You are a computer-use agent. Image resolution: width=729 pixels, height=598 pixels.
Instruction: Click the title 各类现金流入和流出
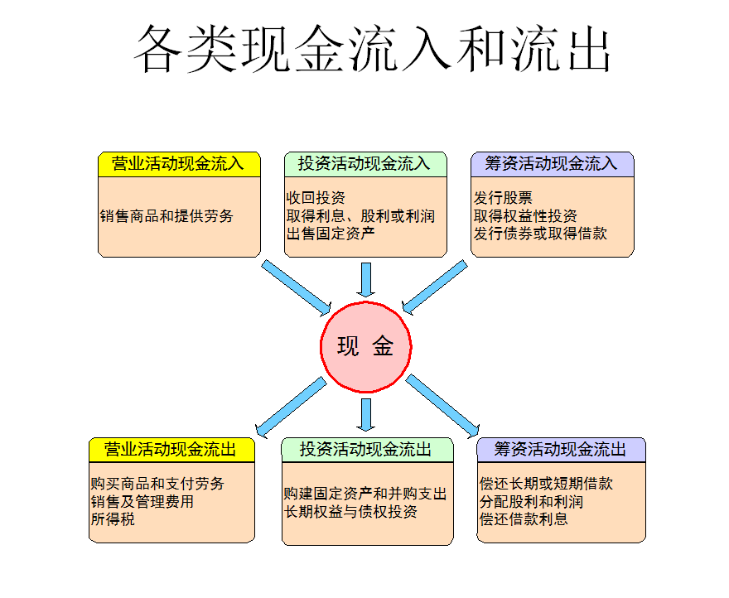[x=372, y=49]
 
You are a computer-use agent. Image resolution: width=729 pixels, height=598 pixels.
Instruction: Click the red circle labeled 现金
[x=365, y=346]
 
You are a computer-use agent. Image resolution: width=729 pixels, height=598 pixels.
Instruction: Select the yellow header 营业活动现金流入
[x=179, y=164]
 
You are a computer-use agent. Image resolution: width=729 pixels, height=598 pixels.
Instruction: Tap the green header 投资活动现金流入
[x=365, y=164]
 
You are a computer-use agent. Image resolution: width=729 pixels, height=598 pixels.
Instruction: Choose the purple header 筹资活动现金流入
[x=552, y=164]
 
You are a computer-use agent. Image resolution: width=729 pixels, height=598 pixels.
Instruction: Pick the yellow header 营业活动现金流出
[x=171, y=450]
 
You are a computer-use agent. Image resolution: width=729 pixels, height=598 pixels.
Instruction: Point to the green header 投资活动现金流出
[x=367, y=450]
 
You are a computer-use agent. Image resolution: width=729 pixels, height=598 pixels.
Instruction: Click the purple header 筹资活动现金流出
[x=562, y=450]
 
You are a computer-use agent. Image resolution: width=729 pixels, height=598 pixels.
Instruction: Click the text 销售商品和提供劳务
[x=167, y=216]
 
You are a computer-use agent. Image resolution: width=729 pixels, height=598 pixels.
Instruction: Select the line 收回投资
[x=316, y=199]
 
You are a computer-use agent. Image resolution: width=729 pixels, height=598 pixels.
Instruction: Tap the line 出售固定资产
[x=331, y=234]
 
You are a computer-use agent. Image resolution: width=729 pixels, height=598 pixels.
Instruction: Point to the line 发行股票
[x=503, y=199]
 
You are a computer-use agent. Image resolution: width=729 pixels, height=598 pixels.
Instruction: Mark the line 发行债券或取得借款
[x=540, y=234]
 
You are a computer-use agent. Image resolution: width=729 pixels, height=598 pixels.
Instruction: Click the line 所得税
[x=113, y=520]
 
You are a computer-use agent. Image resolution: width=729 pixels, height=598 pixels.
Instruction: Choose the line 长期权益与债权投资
[x=350, y=512]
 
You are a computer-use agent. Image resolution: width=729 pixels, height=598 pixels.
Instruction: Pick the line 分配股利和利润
[x=531, y=502]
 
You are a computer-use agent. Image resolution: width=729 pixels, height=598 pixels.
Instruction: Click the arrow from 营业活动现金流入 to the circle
[x=296, y=287]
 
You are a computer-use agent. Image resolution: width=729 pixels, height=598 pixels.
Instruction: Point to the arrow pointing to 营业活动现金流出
[x=291, y=406]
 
